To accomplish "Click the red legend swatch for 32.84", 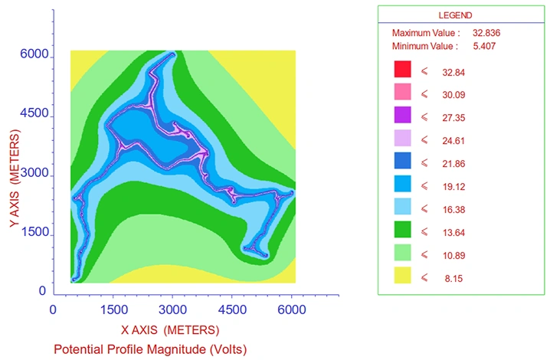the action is coord(402,69).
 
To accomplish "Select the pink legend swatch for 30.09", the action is coord(402,92).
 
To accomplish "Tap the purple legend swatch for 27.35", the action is coord(402,115).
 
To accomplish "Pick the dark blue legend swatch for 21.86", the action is coord(402,161).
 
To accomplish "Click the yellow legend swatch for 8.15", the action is coord(402,276).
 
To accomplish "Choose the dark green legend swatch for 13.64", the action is coord(402,230).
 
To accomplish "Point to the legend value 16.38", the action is coord(453,210).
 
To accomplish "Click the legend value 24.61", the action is coord(453,141).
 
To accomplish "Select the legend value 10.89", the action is coord(453,256).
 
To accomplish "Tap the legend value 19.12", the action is coord(453,187).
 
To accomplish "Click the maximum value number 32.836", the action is coord(486,33).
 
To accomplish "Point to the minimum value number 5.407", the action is coord(484,46).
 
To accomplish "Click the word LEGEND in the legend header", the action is coord(455,15).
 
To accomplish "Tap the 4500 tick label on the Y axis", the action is coord(34,113).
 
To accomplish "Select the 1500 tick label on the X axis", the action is coord(113,309).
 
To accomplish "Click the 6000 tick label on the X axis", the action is coord(292,309).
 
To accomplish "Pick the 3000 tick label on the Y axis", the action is coord(34,173).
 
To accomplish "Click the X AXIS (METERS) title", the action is coord(170,330).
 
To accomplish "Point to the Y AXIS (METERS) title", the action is coord(15,178).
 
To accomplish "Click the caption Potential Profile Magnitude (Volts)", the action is coord(150,349).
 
